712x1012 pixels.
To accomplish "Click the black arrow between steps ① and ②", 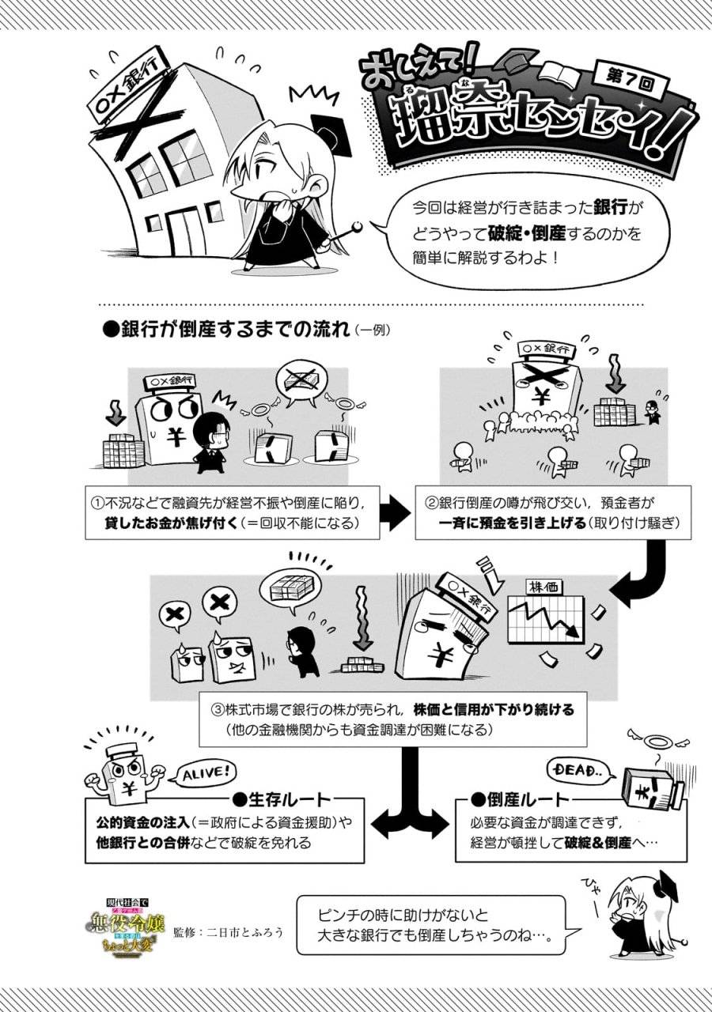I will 394,513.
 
